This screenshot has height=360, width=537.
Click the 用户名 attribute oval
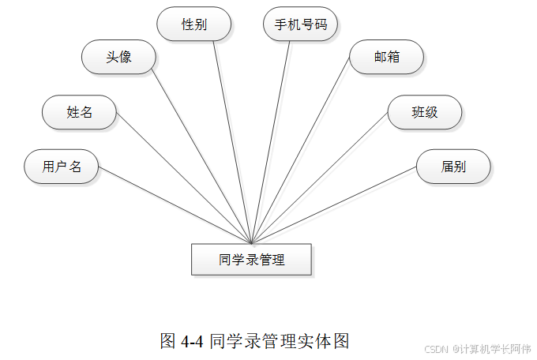coord(62,167)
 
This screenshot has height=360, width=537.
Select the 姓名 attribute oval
coord(79,112)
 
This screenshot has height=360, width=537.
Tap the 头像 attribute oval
coord(118,58)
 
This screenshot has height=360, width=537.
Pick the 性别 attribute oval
coord(194,24)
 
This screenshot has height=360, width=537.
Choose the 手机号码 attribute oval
coord(300,24)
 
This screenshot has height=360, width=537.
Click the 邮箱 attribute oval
coord(387,58)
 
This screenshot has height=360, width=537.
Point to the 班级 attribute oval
coord(425,112)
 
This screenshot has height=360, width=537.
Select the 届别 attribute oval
coord(453,167)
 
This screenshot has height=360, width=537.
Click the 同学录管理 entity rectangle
coord(251,259)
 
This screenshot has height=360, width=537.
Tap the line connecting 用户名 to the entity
coord(174,205)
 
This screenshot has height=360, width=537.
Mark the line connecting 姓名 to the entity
coord(183,178)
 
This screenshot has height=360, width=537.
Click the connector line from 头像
coord(201,157)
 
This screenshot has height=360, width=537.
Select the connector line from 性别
coord(233,142)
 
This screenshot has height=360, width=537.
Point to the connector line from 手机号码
coord(271,142)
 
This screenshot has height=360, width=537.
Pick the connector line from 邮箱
coord(300,150)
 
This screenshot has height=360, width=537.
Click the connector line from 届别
coord(334,205)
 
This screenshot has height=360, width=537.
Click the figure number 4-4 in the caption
coord(193,341)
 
